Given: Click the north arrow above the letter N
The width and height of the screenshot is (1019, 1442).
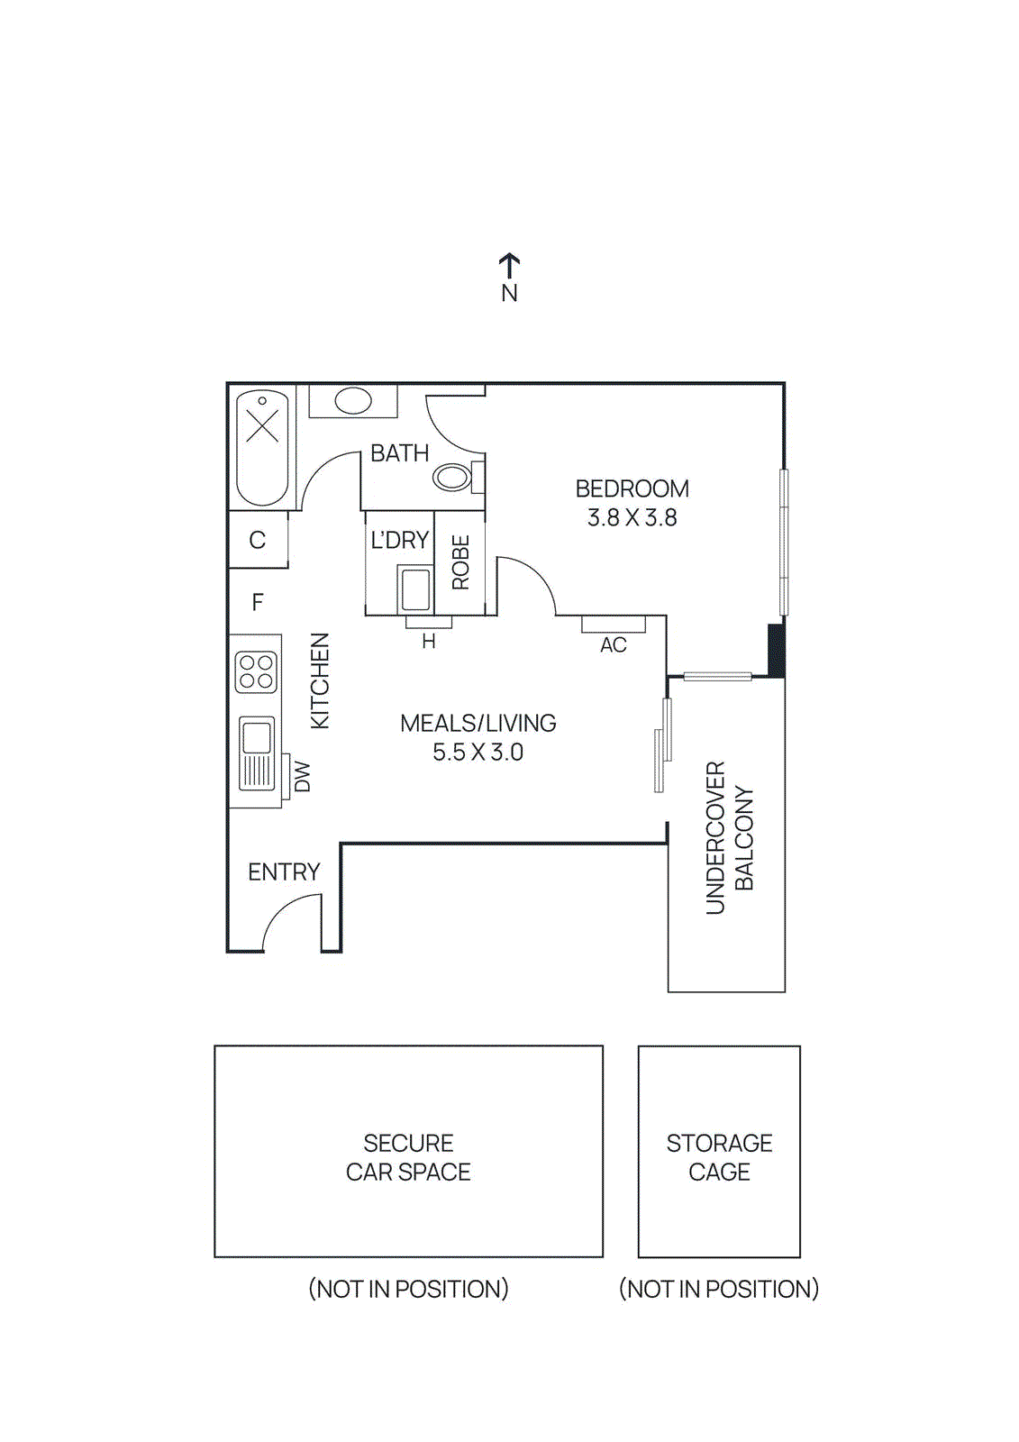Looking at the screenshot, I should tap(509, 265).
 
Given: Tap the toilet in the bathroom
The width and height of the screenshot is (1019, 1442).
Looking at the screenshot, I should tap(453, 476).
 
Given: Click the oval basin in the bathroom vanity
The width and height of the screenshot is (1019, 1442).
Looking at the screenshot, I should tap(353, 400).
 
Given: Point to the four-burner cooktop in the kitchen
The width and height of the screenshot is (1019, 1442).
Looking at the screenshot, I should tap(256, 672).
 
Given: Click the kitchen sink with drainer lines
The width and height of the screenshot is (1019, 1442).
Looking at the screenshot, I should tap(257, 753).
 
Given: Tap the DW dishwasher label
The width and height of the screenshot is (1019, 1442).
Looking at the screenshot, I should tap(303, 777).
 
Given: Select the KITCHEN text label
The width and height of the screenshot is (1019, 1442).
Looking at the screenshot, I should tap(320, 680).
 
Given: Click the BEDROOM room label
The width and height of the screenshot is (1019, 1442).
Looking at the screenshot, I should tap(632, 488).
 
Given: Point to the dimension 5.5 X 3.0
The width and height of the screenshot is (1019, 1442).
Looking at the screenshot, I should tap(478, 752).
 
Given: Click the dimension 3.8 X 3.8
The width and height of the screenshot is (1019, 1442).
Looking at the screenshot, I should tap(632, 517).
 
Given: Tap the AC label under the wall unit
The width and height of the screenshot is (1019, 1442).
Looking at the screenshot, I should tap(614, 645).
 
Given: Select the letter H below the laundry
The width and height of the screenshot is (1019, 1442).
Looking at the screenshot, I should tap(429, 642).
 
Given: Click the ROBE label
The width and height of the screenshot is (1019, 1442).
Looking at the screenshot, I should tap(460, 562).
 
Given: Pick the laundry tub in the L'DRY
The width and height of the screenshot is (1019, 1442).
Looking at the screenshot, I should tap(415, 589).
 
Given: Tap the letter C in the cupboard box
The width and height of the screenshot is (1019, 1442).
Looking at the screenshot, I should tap(258, 540).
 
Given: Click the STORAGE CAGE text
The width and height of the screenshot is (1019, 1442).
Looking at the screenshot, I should tap(719, 1157).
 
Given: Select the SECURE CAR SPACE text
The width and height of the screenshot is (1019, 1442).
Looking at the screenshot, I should tap(408, 1157).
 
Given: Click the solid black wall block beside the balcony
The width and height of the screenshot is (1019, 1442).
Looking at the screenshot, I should tap(776, 649).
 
